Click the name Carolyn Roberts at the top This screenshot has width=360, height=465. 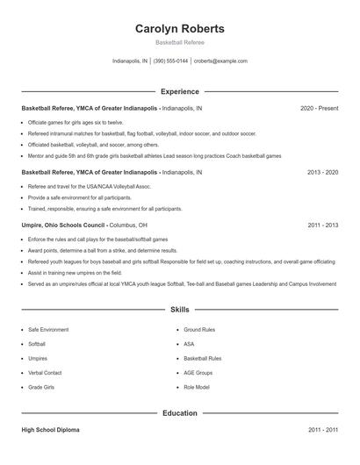pos(179,28)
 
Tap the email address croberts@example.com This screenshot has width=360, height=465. pos(220,61)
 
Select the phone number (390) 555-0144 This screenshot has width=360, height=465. pos(170,61)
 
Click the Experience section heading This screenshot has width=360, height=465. pos(179,91)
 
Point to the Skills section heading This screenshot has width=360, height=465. pos(179,310)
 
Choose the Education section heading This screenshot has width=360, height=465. pos(179,412)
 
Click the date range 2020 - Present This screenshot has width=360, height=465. pos(319,109)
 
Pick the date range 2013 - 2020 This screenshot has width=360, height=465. pos(322,173)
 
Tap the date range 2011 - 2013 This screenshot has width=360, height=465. pos(322,225)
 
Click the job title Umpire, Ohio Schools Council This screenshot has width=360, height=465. pos(63,225)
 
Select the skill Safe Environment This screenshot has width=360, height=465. pos(48,330)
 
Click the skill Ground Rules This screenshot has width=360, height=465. pos(199,330)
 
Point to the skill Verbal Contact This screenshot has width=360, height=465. pos(45,372)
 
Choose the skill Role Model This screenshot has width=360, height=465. pos(197,386)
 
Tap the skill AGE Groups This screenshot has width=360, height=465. pos(198,372)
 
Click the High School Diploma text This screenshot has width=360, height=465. pos(50,430)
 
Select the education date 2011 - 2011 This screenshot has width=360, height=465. pos(322,430)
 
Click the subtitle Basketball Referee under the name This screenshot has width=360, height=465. pos(179,42)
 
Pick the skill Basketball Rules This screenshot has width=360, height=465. pos(203,358)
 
